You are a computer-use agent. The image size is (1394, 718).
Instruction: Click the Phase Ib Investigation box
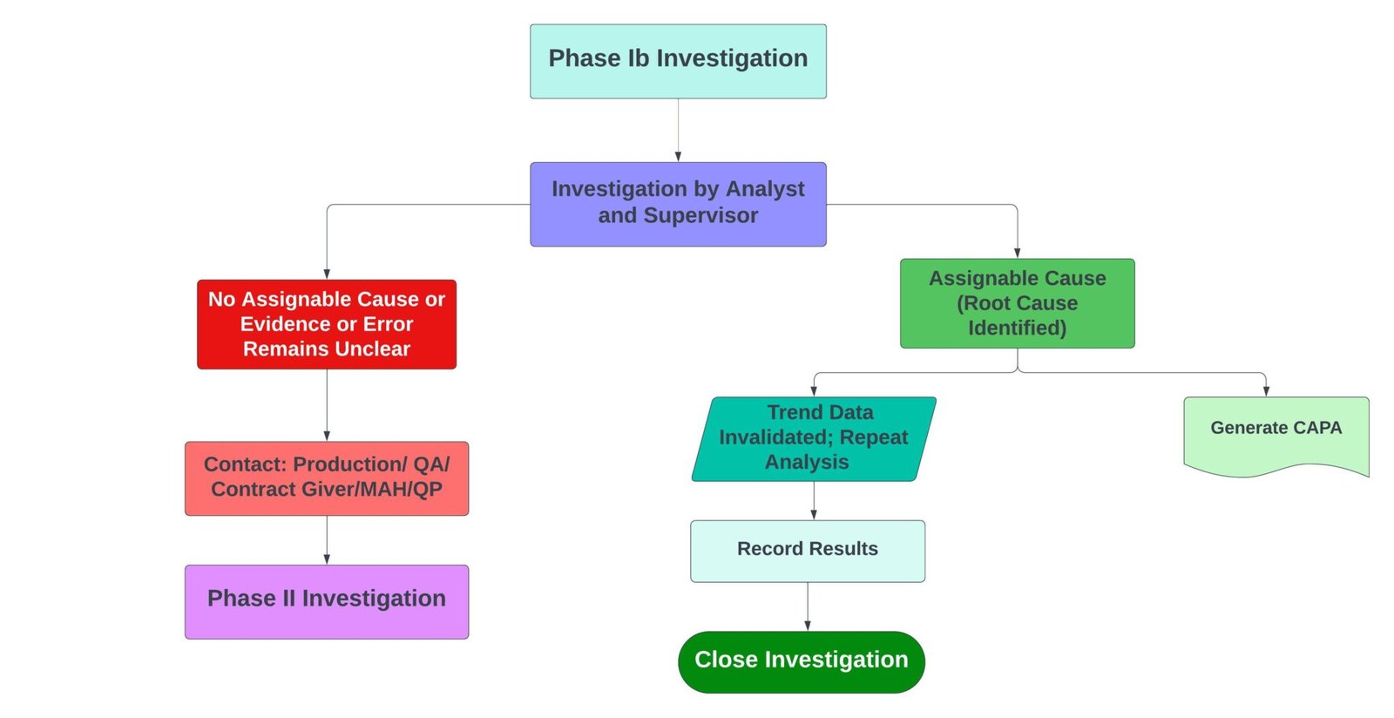coord(678,61)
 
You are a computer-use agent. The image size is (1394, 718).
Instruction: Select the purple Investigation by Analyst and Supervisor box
coord(678,204)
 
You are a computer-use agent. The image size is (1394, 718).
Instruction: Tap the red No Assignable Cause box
coord(327,324)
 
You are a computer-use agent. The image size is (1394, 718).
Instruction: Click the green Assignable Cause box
coord(1017,303)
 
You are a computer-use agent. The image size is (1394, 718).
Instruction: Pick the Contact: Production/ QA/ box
coord(327,478)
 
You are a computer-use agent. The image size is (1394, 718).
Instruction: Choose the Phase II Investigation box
coord(327,601)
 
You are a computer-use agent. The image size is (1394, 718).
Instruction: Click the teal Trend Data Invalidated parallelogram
coord(813,438)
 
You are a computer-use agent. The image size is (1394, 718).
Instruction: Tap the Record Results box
coord(807,551)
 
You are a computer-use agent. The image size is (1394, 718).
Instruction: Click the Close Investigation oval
coord(801,661)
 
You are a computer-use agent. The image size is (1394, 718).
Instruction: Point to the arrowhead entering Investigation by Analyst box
coord(678,157)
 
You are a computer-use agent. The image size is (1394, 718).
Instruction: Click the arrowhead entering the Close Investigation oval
coord(808,626)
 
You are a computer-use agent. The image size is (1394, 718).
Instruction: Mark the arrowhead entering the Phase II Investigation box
coord(327,559)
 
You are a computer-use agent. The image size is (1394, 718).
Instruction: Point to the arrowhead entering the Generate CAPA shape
coord(1265,391)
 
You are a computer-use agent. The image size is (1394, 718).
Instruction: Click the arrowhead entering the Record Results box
coord(814,515)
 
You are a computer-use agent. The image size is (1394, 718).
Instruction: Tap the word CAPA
coord(1317,428)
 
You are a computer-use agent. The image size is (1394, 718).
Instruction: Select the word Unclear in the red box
coord(375,349)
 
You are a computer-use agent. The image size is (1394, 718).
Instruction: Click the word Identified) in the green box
coord(1017,328)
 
